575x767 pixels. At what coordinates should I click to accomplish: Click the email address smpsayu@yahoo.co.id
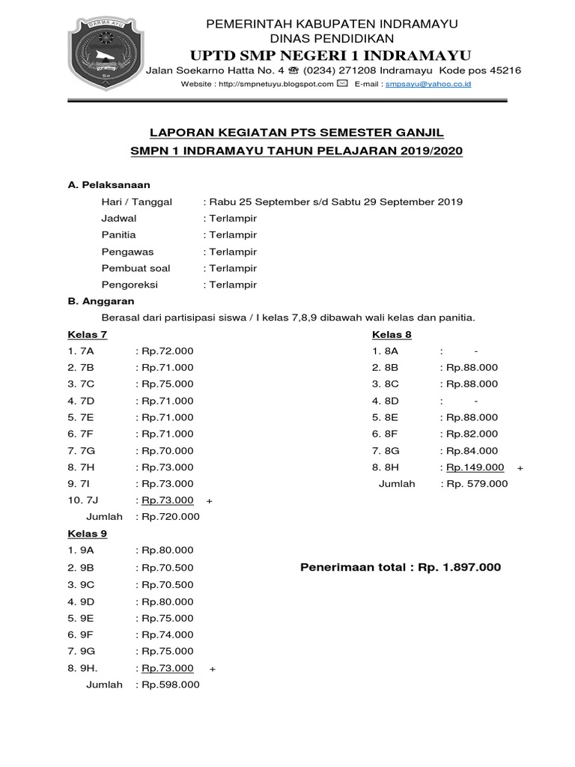point(428,85)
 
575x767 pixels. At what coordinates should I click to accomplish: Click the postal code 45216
point(506,70)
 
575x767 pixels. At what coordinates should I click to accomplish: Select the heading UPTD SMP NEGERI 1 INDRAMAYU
point(332,55)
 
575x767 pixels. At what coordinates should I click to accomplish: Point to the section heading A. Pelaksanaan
point(109,185)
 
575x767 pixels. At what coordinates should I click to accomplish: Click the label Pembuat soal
point(136,268)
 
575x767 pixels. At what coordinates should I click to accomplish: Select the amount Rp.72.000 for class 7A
point(167,351)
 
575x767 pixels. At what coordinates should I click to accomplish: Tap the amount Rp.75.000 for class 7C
point(167,384)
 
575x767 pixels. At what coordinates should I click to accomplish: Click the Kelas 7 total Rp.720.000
point(170,517)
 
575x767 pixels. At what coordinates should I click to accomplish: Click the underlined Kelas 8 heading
point(392,335)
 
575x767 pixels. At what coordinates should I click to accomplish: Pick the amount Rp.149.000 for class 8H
point(475,467)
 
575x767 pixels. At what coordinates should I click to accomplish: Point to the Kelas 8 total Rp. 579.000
point(477,484)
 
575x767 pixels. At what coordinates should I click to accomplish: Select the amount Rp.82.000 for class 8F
point(472,434)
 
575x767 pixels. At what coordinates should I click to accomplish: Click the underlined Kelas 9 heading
point(88,533)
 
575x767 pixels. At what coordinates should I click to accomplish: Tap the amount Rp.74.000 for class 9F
point(167,634)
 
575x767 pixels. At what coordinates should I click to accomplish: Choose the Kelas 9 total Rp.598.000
point(170,685)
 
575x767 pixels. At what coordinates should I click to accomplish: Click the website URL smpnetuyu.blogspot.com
point(273,85)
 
